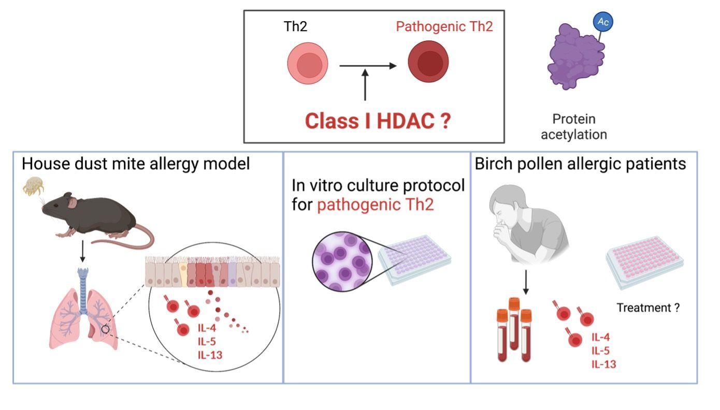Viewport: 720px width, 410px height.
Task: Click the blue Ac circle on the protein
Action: click(603, 22)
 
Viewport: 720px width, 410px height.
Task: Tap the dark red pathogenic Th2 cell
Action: click(427, 65)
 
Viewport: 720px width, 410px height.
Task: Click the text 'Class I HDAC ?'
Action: click(377, 121)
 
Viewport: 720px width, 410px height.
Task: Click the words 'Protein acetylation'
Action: click(573, 127)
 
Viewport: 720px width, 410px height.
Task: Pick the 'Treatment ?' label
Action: click(647, 308)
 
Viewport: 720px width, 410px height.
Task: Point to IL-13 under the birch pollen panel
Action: click(603, 364)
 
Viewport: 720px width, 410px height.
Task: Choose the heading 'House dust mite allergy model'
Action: click(136, 165)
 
